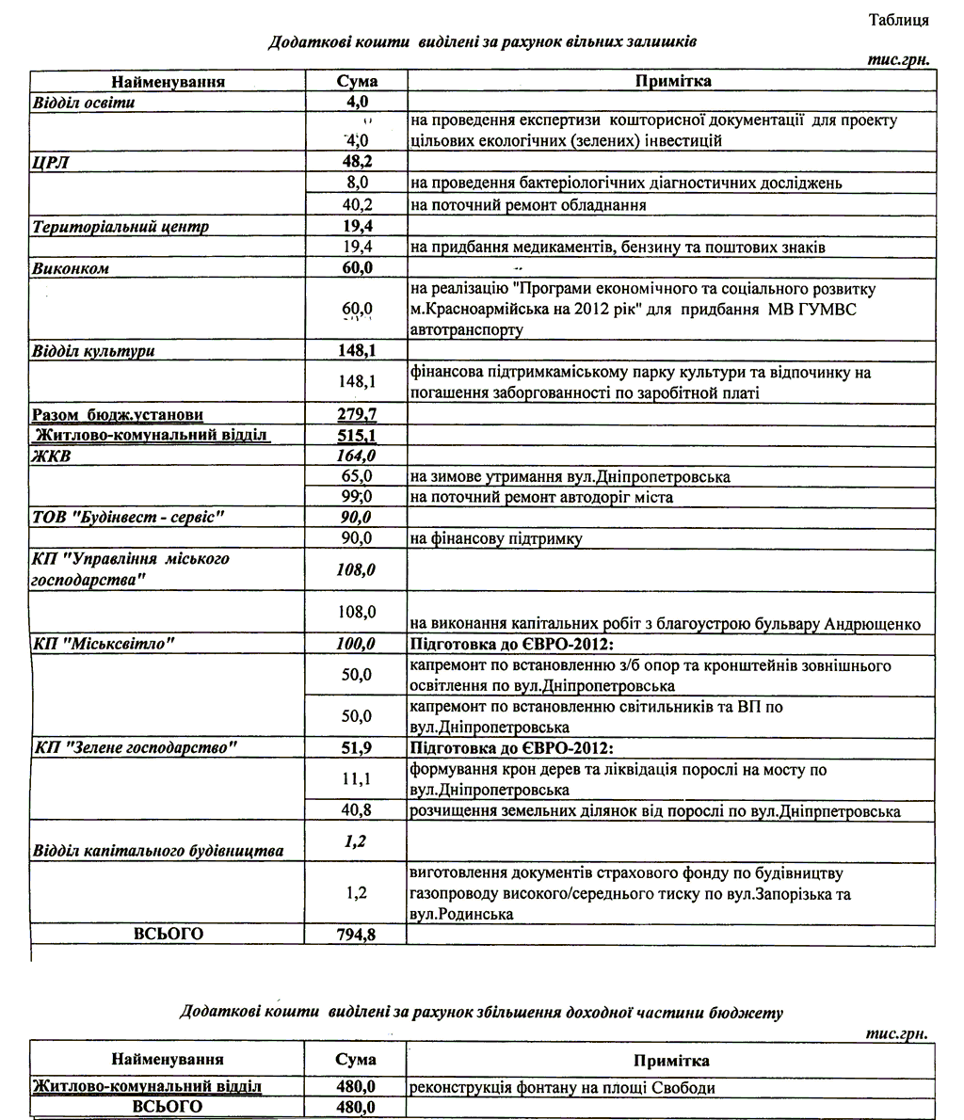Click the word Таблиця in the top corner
click(x=899, y=20)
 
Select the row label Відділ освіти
click(x=84, y=103)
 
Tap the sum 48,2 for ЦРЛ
click(x=357, y=162)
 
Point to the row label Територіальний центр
click(x=120, y=227)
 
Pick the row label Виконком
click(x=71, y=268)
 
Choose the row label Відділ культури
click(x=93, y=351)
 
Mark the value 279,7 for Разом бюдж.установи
click(x=357, y=415)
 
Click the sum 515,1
click(x=357, y=436)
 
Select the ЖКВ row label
click(x=53, y=456)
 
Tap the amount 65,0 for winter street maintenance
click(x=357, y=477)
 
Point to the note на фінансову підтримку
click(x=495, y=539)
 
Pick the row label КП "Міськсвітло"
click(x=104, y=644)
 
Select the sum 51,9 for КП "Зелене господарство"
click(x=357, y=748)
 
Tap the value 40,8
click(x=357, y=810)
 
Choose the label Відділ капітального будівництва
click(x=158, y=851)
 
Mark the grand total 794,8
click(x=357, y=935)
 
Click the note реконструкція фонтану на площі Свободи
click(x=562, y=1087)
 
